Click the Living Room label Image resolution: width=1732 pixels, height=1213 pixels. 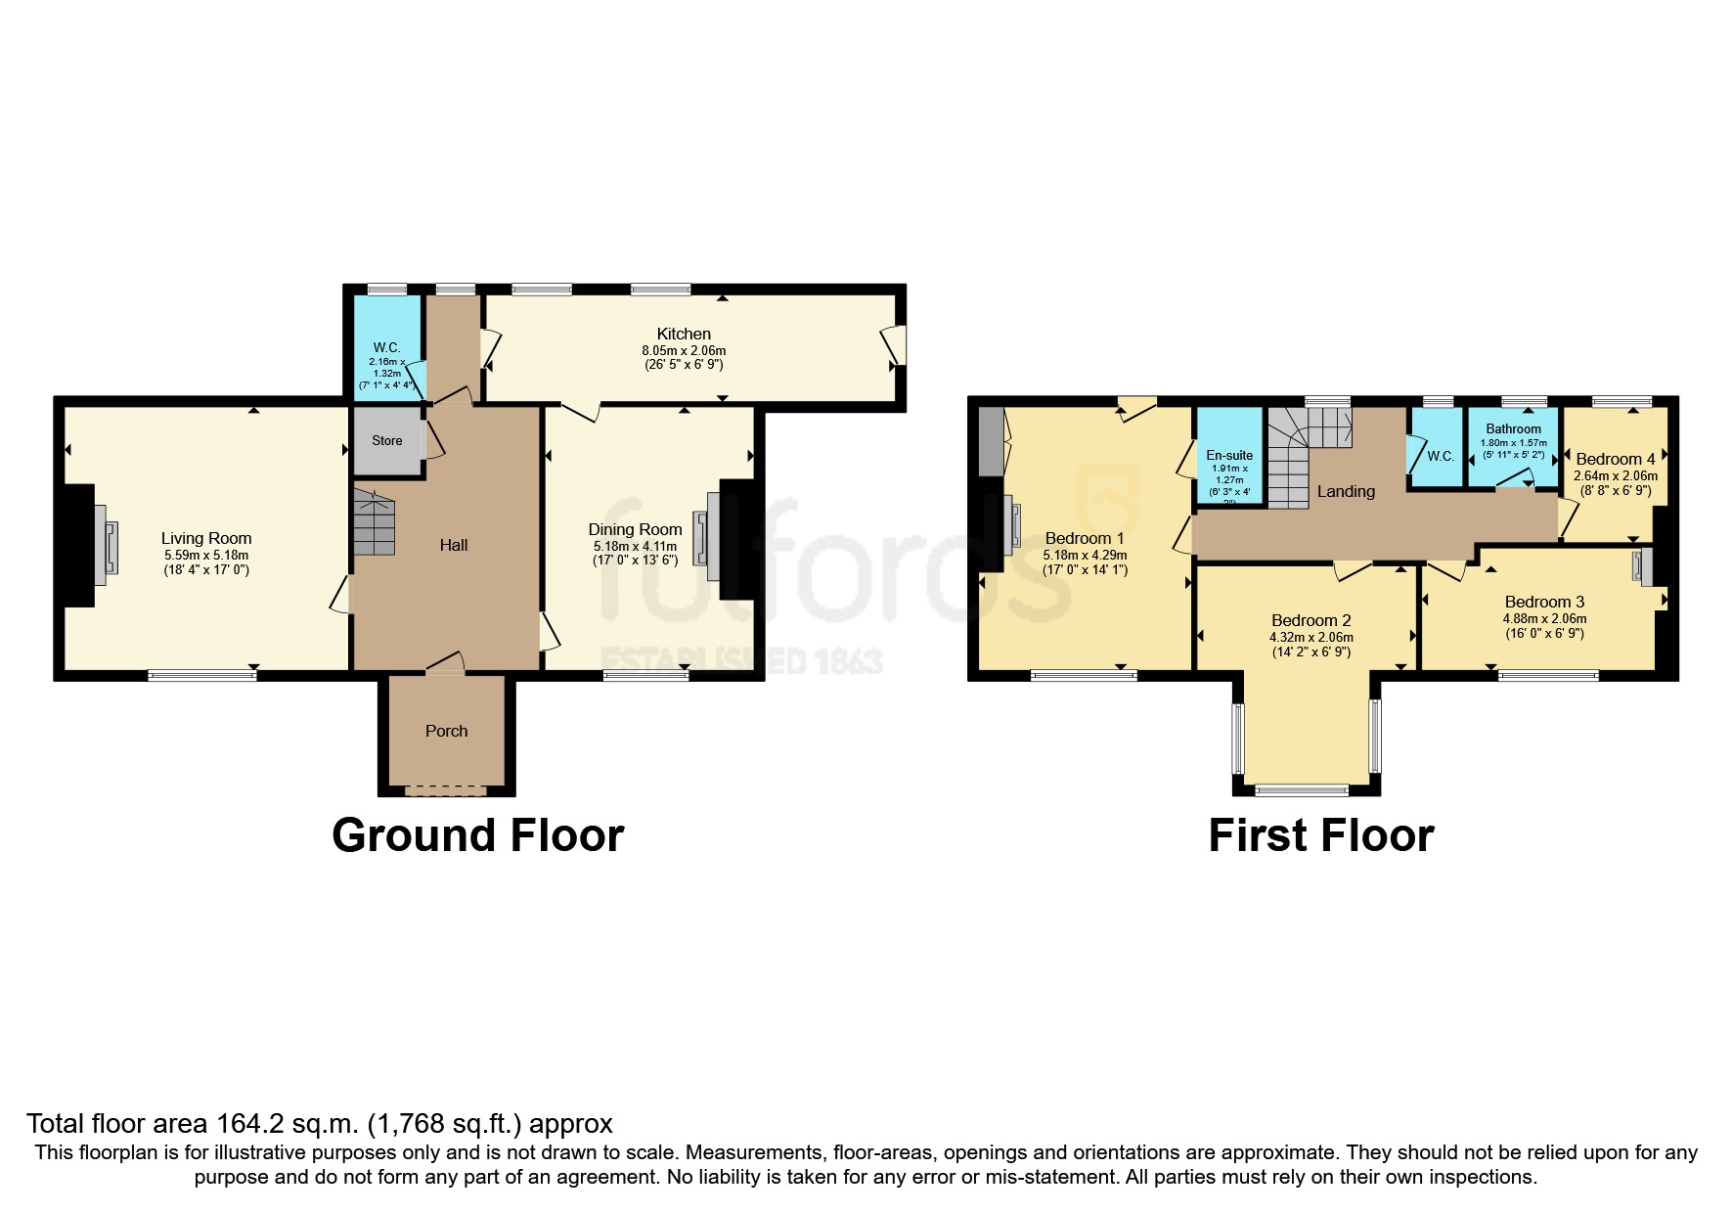pos(206,538)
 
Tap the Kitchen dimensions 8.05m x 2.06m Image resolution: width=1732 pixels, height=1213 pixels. pos(684,350)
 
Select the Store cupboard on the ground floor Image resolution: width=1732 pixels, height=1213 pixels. pos(387,440)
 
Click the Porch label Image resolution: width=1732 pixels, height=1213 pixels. pos(446,731)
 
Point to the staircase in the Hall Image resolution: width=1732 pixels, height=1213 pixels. pos(374,522)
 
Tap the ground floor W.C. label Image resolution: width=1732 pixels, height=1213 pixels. pos(386,347)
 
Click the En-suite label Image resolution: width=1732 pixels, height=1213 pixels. pos(1229,455)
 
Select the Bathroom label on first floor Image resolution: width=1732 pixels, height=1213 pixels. pos(1513,428)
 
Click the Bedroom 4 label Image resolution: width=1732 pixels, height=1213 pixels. pos(1616,459)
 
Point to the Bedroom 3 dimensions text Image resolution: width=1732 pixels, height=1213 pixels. pos(1544,626)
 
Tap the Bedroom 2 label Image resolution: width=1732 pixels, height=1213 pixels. pos(1310,620)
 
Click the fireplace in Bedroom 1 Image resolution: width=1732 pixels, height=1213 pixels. pos(1012,521)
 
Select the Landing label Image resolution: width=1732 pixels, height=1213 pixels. pos(1346,491)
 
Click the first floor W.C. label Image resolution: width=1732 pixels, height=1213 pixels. pos(1441,456)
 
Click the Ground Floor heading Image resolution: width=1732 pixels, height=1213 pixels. pos(477,835)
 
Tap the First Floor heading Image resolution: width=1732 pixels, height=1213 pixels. pos(1320,835)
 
